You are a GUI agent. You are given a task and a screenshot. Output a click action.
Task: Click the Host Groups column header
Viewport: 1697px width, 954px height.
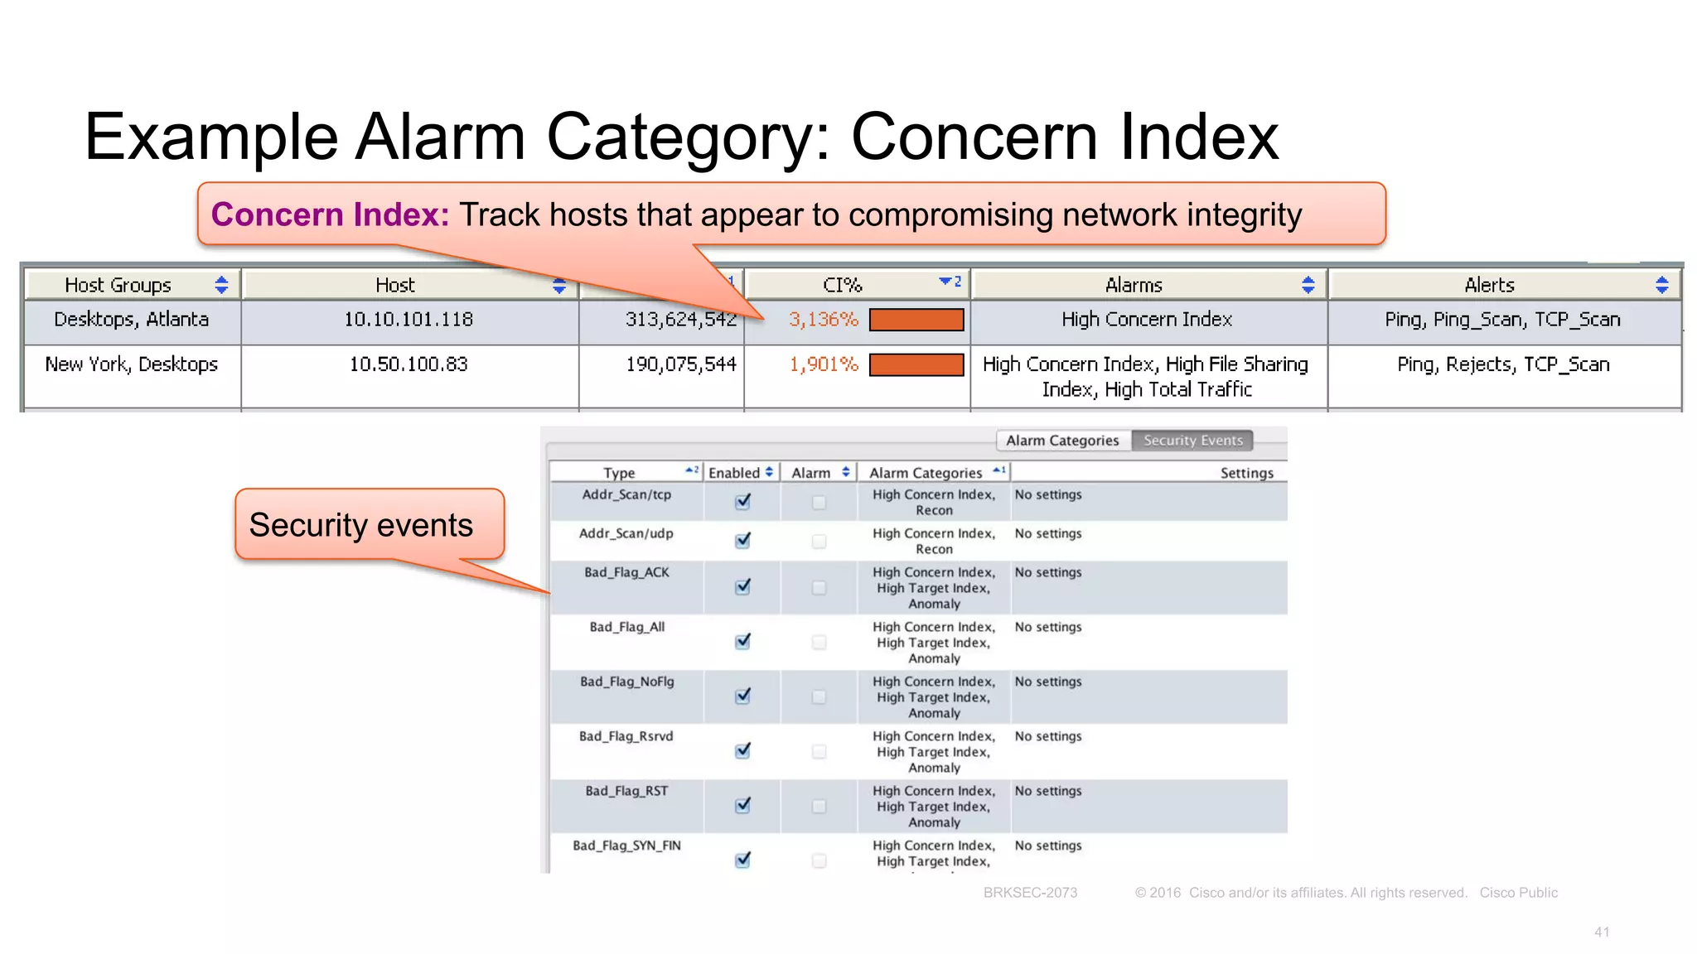click(x=118, y=285)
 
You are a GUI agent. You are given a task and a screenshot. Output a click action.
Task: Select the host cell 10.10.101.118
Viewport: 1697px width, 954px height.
click(x=409, y=320)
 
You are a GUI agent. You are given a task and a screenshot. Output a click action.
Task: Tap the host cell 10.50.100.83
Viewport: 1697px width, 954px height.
click(x=409, y=364)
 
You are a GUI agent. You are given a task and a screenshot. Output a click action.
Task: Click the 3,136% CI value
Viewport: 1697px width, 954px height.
click(x=823, y=320)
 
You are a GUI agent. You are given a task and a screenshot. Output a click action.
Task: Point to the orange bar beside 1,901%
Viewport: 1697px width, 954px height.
click(x=916, y=364)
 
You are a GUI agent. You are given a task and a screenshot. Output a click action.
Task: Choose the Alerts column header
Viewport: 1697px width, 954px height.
click(x=1489, y=285)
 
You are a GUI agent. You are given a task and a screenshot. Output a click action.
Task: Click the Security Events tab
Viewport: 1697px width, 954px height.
click(x=1192, y=441)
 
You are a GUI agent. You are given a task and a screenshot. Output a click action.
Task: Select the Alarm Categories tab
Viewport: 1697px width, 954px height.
click(x=1062, y=441)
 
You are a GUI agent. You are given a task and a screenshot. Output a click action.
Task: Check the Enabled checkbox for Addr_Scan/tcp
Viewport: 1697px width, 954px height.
click(x=742, y=501)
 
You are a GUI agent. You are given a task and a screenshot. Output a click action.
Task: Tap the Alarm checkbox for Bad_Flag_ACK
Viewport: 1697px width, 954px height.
click(x=819, y=587)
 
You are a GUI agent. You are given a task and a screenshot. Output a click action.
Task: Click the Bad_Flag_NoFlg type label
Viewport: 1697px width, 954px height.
click(x=627, y=682)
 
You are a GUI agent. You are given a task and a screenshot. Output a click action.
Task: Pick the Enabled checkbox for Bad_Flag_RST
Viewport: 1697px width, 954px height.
click(x=742, y=805)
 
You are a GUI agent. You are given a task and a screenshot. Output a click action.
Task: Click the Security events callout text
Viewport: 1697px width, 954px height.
click(x=361, y=525)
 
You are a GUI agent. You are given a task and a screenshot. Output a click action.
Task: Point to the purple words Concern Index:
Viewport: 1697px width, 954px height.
click(x=330, y=214)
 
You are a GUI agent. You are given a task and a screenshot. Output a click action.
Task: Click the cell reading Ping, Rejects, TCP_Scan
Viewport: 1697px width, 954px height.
click(x=1503, y=364)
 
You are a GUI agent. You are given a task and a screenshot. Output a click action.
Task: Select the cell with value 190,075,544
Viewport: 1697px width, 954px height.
click(x=681, y=364)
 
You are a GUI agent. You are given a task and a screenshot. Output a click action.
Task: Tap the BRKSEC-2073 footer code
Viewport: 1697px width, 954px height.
click(x=1030, y=893)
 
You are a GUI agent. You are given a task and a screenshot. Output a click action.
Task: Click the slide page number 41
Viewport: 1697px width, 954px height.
click(x=1601, y=932)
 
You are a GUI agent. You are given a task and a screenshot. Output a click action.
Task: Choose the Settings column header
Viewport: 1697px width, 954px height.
click(x=1246, y=473)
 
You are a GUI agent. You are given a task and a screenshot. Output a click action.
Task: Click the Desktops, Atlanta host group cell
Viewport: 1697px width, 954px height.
click(x=131, y=320)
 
